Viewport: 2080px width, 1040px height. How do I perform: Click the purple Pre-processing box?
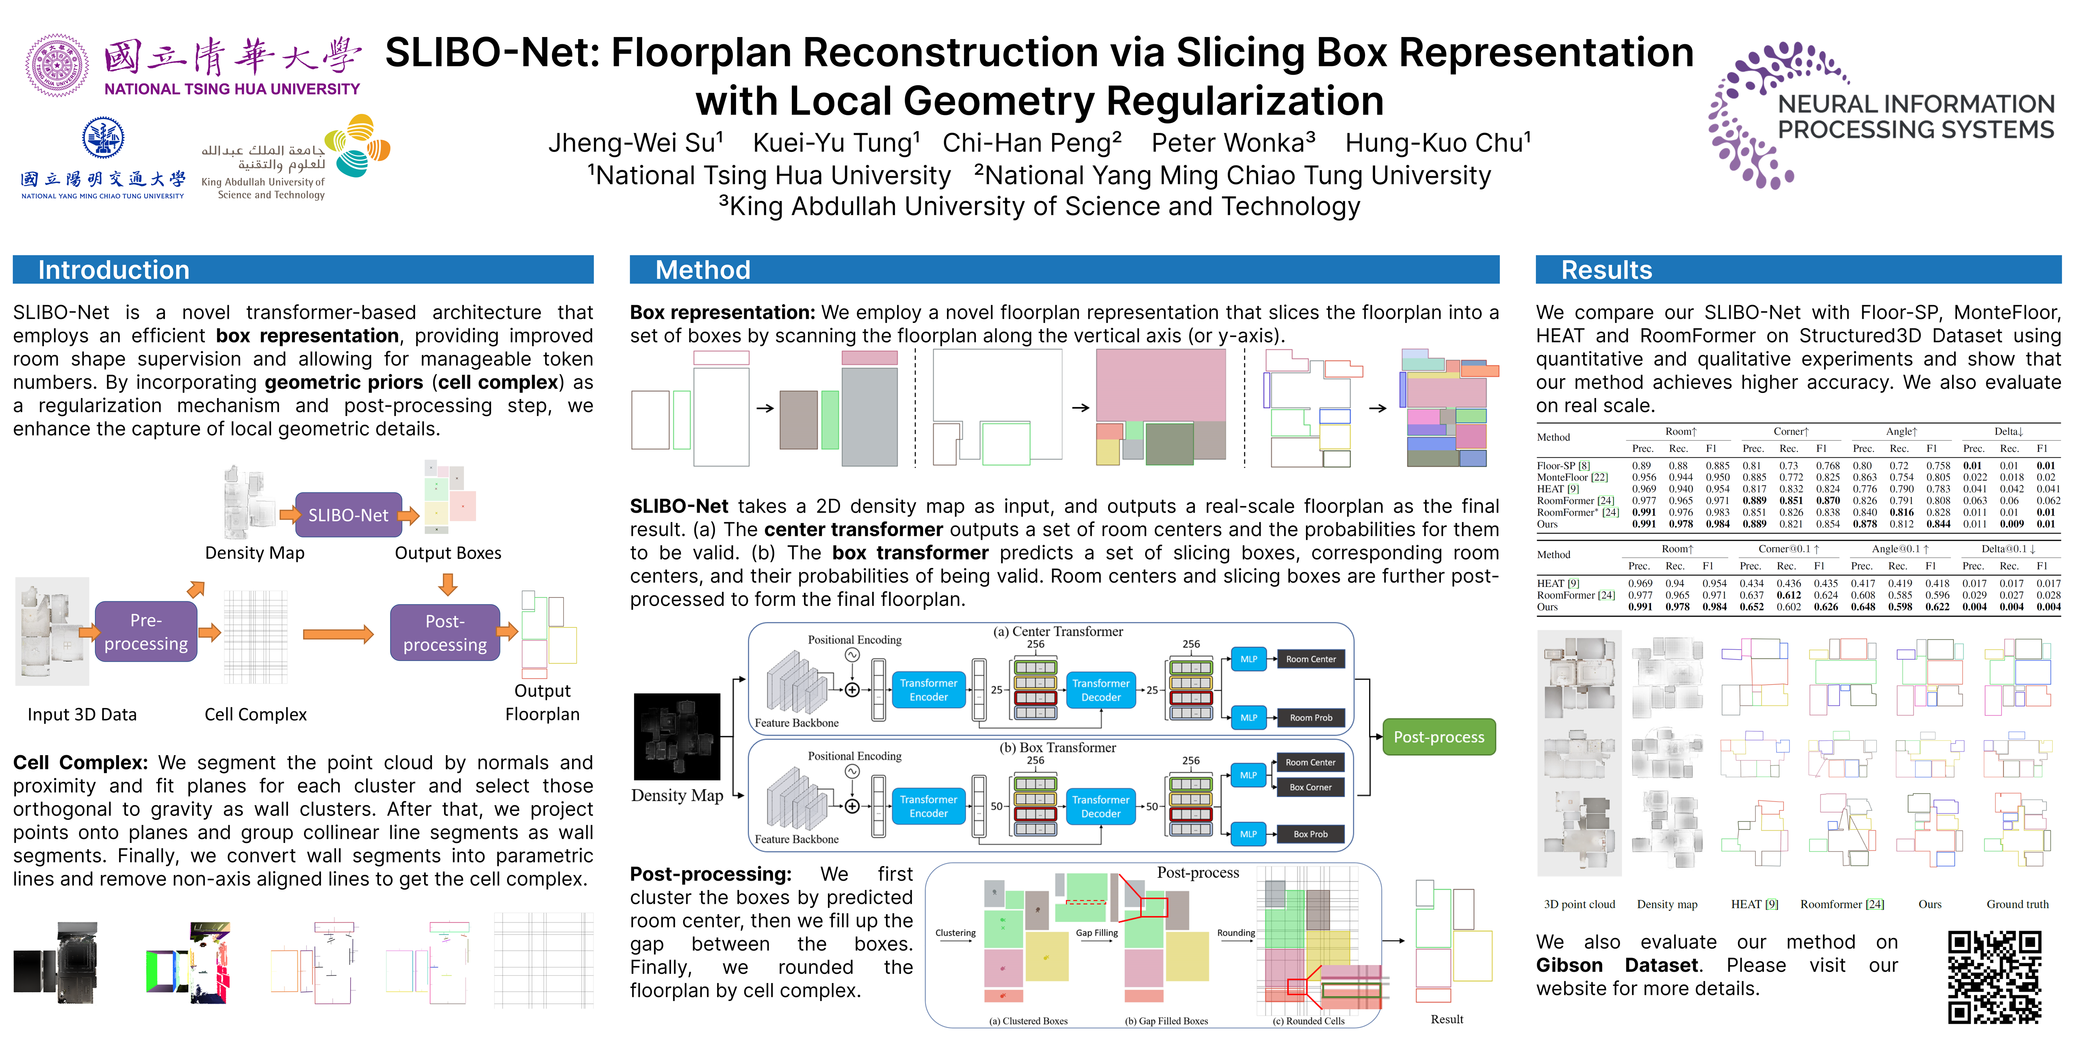point(146,631)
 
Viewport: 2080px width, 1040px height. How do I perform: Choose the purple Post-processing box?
point(445,632)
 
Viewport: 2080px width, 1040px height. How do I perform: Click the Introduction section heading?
point(114,270)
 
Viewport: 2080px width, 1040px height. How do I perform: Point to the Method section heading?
point(702,270)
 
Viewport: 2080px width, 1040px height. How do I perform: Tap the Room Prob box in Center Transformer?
point(1311,717)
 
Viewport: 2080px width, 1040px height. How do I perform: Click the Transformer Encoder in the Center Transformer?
point(929,689)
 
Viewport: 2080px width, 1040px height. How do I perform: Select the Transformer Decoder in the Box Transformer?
point(1101,806)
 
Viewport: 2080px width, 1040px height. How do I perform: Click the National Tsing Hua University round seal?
point(56,65)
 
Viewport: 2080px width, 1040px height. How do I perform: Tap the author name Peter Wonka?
point(1233,143)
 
